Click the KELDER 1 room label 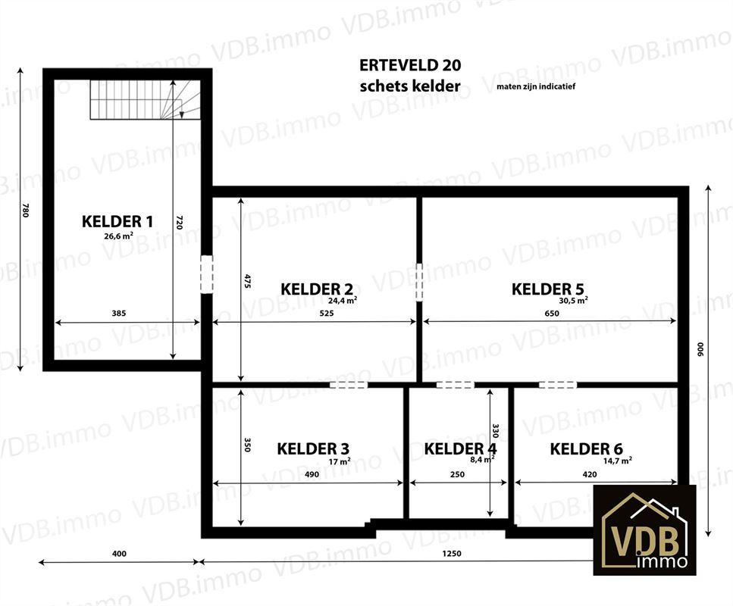(x=117, y=221)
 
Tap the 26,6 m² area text (x=119, y=236)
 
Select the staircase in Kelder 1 (x=146, y=99)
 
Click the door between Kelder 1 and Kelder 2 (x=207, y=274)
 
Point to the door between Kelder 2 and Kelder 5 (x=419, y=283)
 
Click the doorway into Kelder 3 (x=349, y=385)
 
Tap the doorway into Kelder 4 (x=456, y=385)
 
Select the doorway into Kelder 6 (x=558, y=385)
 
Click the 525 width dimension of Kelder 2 (x=327, y=313)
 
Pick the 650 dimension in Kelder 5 (x=552, y=313)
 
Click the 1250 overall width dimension (x=452, y=554)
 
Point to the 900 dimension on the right (x=700, y=350)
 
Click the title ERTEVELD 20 (x=410, y=65)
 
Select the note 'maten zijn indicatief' (x=536, y=86)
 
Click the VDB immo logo (x=644, y=529)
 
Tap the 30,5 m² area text (x=573, y=301)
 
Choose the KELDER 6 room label (x=586, y=449)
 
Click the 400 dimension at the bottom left (x=119, y=554)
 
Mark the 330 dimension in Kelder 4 (x=496, y=431)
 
